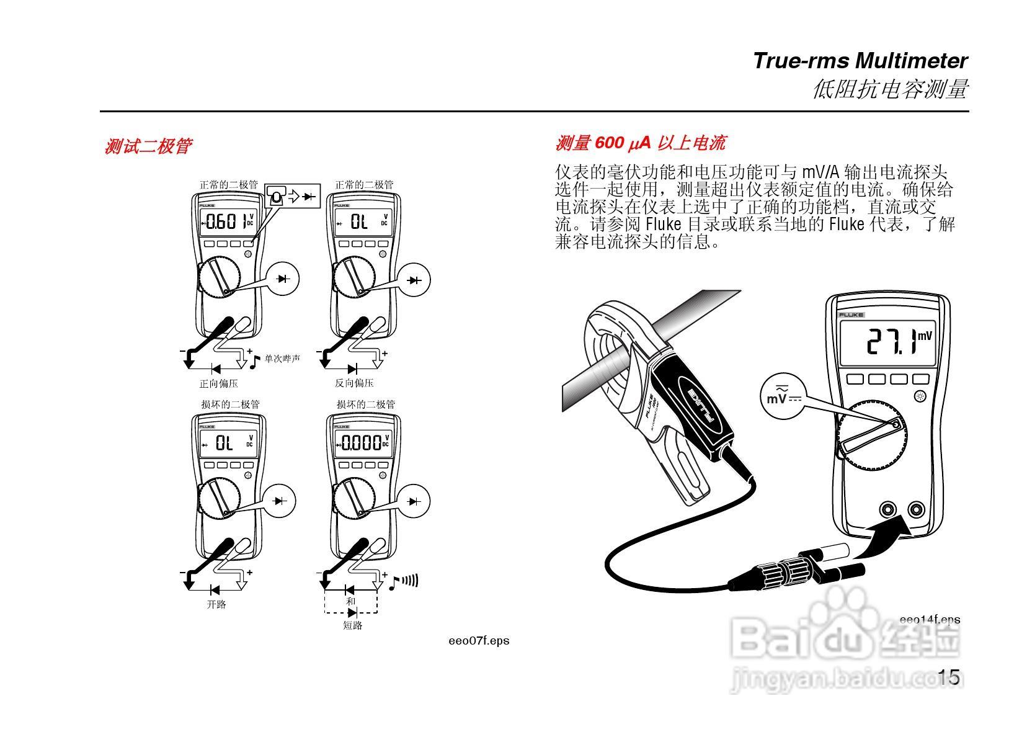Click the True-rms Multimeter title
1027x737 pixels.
(x=860, y=61)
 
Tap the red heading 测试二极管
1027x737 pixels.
(x=148, y=146)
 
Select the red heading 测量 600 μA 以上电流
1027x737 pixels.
(x=639, y=143)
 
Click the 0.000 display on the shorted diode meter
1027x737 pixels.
(x=362, y=443)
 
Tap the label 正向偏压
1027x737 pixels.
(x=218, y=383)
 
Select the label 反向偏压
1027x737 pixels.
(x=354, y=383)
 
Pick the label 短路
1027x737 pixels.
(x=352, y=625)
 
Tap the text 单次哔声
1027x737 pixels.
(x=282, y=359)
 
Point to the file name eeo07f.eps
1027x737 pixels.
(x=478, y=641)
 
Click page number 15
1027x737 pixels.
(x=948, y=677)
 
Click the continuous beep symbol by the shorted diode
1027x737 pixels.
(x=404, y=582)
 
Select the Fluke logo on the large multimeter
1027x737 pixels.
(x=851, y=315)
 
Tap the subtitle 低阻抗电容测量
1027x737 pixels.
(x=889, y=89)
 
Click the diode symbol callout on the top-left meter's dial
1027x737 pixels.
(x=283, y=279)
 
